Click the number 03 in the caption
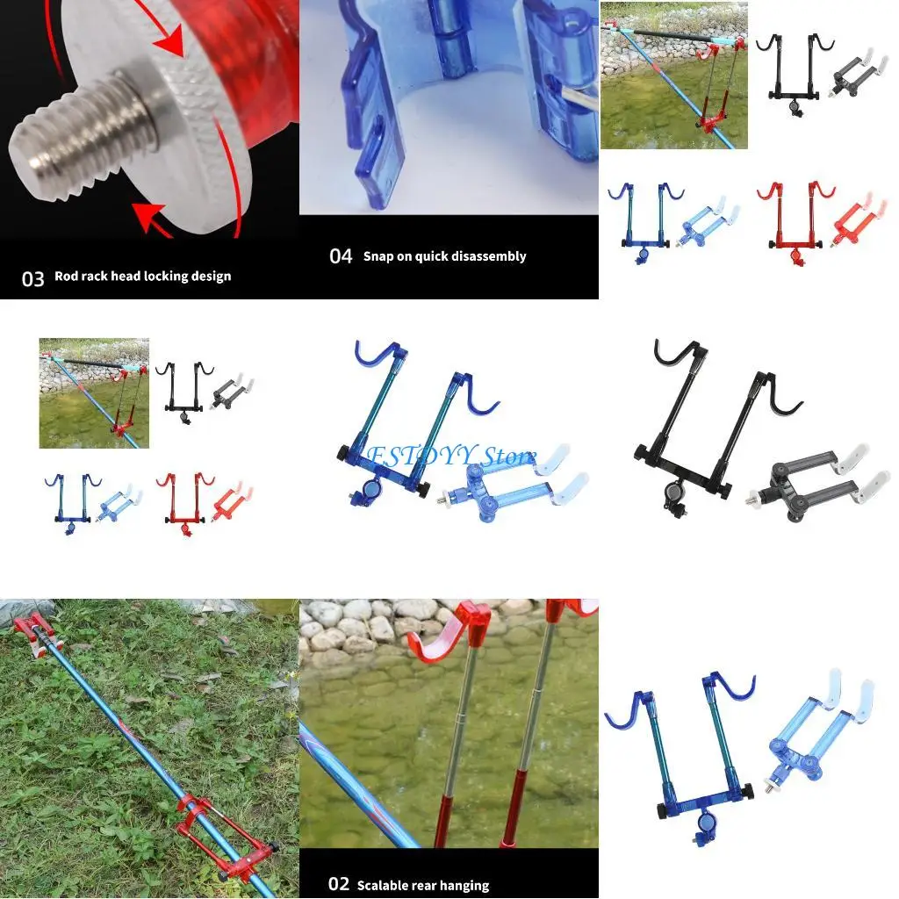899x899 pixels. point(32,278)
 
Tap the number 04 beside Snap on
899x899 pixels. point(341,256)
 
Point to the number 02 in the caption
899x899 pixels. point(339,884)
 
